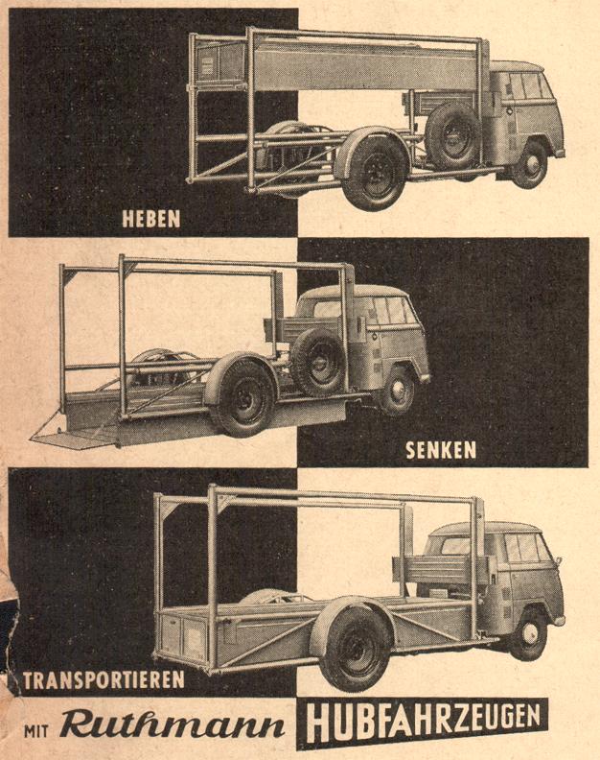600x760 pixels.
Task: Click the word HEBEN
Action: coord(151,219)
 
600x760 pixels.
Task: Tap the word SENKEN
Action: coord(441,451)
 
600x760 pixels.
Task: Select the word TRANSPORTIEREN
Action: coord(104,680)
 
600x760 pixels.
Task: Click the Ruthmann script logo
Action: coord(172,725)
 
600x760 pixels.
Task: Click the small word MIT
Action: coord(35,730)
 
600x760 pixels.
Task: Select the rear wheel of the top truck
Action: coord(375,172)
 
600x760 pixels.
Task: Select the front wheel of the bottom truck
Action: coord(529,633)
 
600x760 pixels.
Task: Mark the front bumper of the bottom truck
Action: coord(558,622)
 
